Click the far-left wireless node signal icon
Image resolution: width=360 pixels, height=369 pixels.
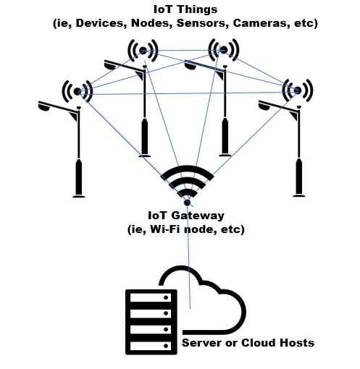[78, 91]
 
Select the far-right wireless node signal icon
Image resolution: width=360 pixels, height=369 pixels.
[297, 90]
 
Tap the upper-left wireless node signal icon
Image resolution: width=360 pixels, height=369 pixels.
[143, 51]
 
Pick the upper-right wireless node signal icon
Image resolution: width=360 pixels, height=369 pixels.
[224, 50]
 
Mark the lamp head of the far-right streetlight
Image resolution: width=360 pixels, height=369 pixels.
[265, 105]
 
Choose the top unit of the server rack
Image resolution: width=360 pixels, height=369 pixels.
[151, 298]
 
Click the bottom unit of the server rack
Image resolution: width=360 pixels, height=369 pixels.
[151, 345]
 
